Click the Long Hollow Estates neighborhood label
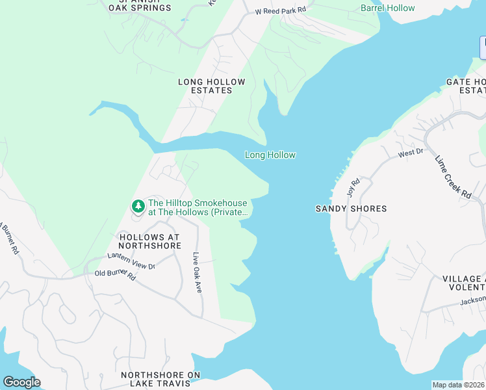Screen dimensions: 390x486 (x=212, y=86)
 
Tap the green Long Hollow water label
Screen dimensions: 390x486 (x=270, y=155)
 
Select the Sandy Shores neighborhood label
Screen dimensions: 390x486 (x=351, y=209)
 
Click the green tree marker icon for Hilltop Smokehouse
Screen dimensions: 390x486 (x=138, y=207)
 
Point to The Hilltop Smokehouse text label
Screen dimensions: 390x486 (x=198, y=207)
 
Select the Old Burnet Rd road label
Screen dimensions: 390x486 (x=115, y=276)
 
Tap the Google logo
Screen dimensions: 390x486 (x=21, y=382)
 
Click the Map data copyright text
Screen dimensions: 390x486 (x=458, y=385)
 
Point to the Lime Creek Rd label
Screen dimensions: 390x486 (x=453, y=177)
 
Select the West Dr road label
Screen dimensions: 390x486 (x=411, y=153)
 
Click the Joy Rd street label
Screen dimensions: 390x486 (x=353, y=188)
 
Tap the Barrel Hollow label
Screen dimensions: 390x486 (x=387, y=8)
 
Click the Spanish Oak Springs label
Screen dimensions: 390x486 (x=141, y=6)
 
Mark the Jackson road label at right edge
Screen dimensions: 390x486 (x=472, y=300)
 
